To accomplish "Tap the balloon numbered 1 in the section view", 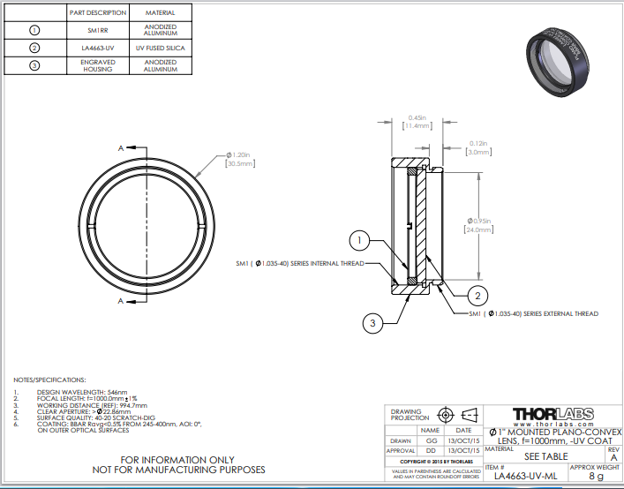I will coord(357,239).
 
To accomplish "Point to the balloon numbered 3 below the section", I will coord(373,324).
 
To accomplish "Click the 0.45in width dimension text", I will coord(417,117).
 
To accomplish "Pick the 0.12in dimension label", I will coord(479,143).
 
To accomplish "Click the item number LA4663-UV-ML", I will coord(525,476).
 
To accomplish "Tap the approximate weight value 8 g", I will coord(595,476).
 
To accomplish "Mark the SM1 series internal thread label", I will coord(299,263).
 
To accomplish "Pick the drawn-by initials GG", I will coord(432,440).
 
